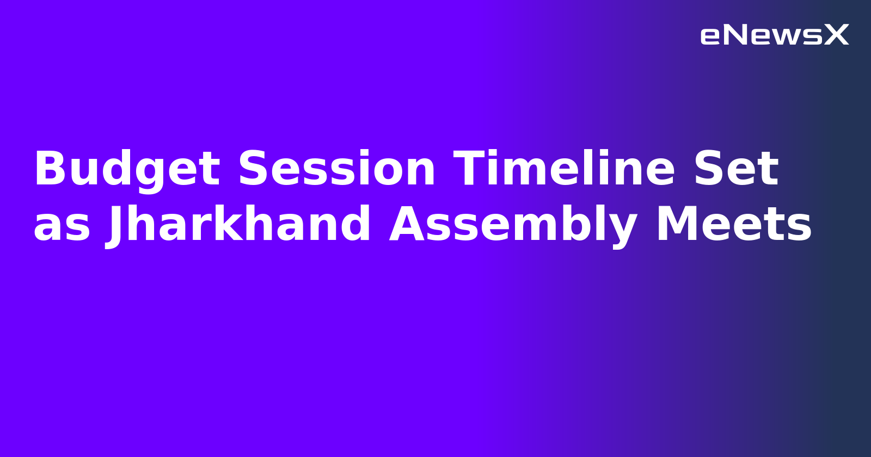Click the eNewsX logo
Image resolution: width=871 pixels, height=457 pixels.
(774, 35)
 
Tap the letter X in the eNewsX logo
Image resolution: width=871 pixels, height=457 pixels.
(836, 35)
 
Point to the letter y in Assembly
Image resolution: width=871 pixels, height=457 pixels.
(622, 228)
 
